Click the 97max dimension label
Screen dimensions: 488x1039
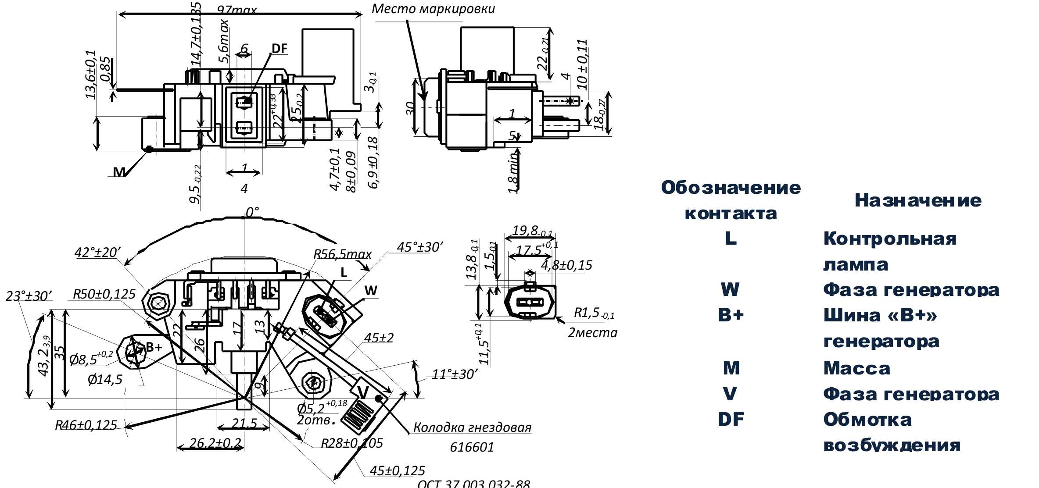pyautogui.click(x=236, y=10)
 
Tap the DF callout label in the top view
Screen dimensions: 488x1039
pyautogui.click(x=279, y=49)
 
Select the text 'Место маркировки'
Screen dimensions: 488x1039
pyautogui.click(x=433, y=9)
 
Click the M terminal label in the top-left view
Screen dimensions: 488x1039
pyautogui.click(x=119, y=172)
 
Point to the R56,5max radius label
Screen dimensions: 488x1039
pyautogui.click(x=342, y=254)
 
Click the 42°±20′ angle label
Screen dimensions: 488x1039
pyautogui.click(x=97, y=252)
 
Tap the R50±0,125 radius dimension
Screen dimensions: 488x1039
pyautogui.click(x=104, y=294)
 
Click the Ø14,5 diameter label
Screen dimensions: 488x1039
pyautogui.click(x=105, y=379)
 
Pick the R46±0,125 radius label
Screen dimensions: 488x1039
pyautogui.click(x=86, y=425)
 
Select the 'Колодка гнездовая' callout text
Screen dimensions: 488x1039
pyautogui.click(x=472, y=427)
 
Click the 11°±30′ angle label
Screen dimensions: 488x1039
pyautogui.click(x=454, y=374)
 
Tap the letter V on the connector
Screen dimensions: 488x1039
pyautogui.click(x=363, y=392)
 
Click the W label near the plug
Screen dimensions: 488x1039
pyautogui.click(x=371, y=290)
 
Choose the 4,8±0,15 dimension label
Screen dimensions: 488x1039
pyautogui.click(x=566, y=265)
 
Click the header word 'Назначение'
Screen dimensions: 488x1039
pyautogui.click(x=918, y=200)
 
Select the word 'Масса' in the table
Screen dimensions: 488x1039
pyautogui.click(x=856, y=368)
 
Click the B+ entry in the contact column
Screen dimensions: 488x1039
pyautogui.click(x=731, y=315)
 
